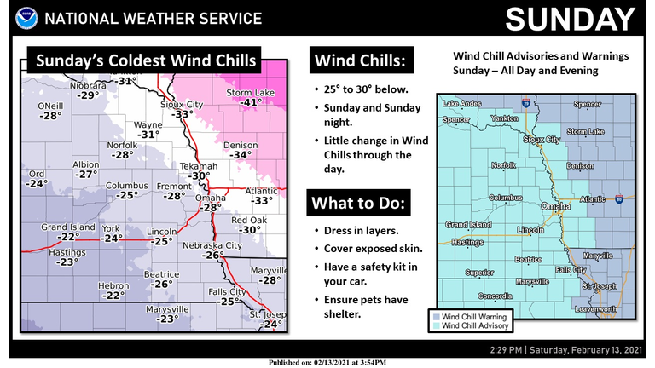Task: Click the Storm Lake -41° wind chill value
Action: pyautogui.click(x=248, y=102)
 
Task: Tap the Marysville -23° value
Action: pyautogui.click(x=167, y=319)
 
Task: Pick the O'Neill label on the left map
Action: pyautogui.click(x=51, y=106)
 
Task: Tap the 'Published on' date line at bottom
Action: pyautogui.click(x=327, y=362)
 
